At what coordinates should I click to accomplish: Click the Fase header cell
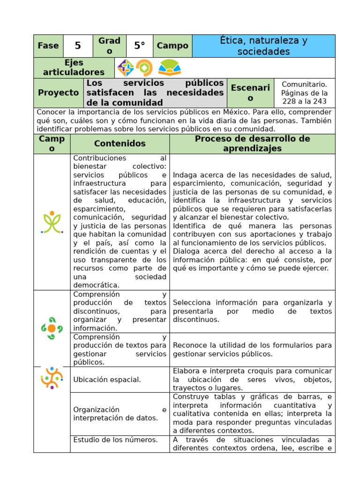point(48,46)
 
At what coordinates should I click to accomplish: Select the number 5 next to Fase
point(78,46)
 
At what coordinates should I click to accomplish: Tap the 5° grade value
point(139,46)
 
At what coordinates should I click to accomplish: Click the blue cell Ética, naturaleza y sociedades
point(263,46)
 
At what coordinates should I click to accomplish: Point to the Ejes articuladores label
point(74,67)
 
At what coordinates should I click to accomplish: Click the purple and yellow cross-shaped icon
point(126,68)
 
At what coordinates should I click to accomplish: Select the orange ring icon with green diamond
point(144,68)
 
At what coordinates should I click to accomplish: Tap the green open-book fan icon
point(169,68)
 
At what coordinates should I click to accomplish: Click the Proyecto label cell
point(59,93)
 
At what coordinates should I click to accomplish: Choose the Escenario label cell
point(250,93)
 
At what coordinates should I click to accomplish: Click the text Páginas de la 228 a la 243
point(304,97)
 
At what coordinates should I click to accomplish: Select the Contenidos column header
point(120,144)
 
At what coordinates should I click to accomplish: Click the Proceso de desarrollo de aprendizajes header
point(252,144)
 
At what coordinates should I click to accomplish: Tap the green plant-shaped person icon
point(52,222)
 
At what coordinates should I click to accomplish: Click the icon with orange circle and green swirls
point(52,328)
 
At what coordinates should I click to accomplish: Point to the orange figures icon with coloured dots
point(52,377)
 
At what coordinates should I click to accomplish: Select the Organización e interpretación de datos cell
point(120,414)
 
